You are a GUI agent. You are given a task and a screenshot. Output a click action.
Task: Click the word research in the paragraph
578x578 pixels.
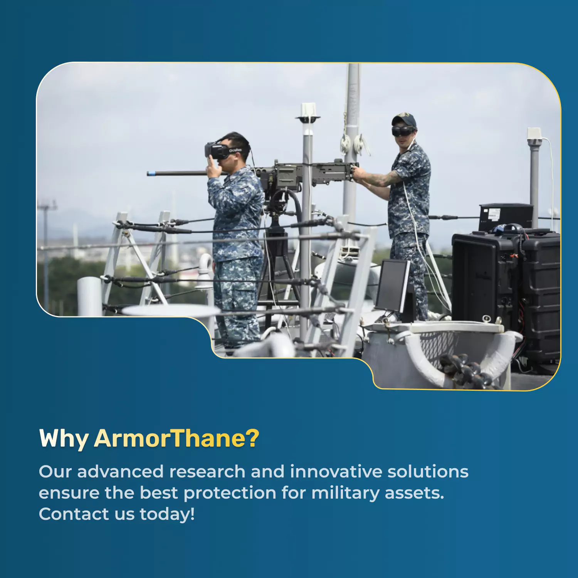click(207, 472)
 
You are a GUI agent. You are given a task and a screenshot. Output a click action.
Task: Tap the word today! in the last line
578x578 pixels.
click(167, 514)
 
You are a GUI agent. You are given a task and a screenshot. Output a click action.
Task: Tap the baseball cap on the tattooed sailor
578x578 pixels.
click(404, 119)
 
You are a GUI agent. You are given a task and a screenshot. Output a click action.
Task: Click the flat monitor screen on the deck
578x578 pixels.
click(393, 285)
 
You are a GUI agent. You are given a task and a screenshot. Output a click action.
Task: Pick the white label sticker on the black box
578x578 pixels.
click(494, 214)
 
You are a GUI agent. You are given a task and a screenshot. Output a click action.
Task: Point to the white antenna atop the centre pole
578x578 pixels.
click(308, 113)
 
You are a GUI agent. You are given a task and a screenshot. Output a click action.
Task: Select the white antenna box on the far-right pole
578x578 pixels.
click(534, 134)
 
